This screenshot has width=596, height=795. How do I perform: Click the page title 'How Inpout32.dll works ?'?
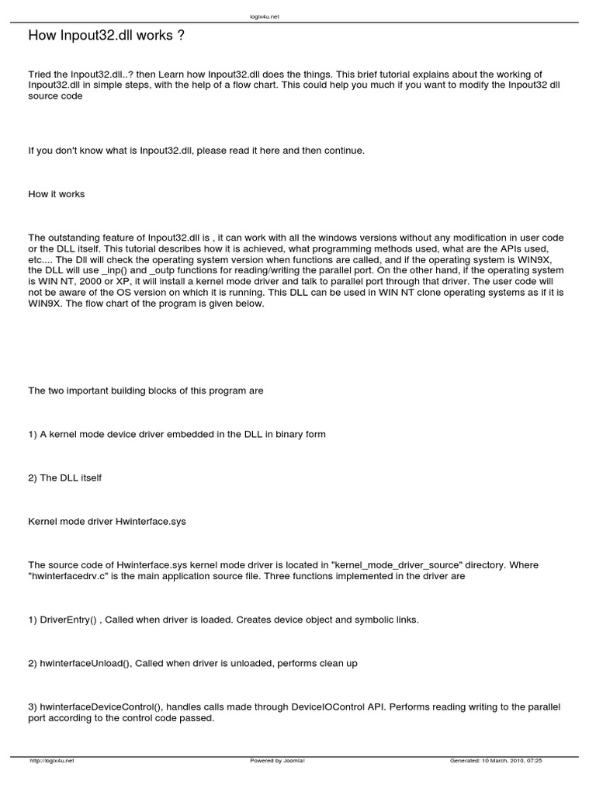tap(106, 36)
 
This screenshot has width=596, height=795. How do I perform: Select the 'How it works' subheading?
tap(57, 194)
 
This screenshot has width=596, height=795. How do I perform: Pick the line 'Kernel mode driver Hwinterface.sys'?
tap(106, 522)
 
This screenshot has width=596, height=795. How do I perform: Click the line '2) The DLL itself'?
tap(65, 478)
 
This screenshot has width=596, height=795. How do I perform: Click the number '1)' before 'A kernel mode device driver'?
tap(33, 435)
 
